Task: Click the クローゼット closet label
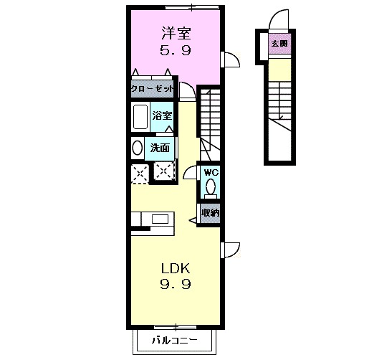(152, 90)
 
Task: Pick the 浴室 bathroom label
(162, 115)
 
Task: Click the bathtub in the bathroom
(140, 116)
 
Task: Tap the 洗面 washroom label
(159, 148)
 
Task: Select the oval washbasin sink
(137, 148)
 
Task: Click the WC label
(210, 173)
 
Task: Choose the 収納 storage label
(209, 212)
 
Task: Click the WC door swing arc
(190, 171)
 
